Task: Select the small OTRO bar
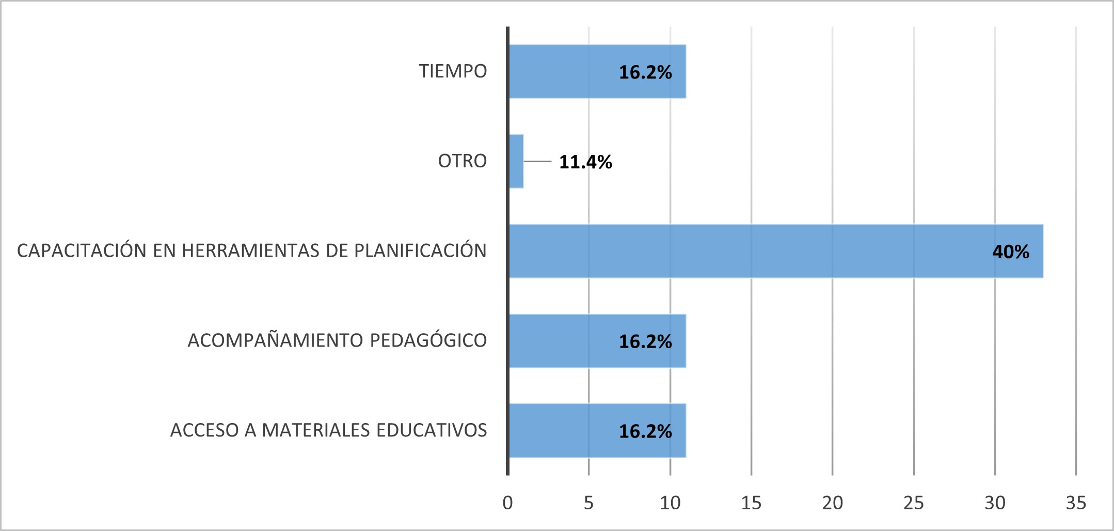pyautogui.click(x=516, y=161)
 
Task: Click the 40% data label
pyautogui.click(x=1010, y=252)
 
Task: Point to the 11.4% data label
pyautogui.click(x=585, y=162)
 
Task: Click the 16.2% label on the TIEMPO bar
pyautogui.click(x=645, y=72)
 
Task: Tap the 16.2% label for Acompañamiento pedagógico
pyautogui.click(x=645, y=342)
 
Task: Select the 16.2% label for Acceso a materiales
pyautogui.click(x=645, y=432)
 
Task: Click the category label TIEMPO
pyautogui.click(x=453, y=71)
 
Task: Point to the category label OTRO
pyautogui.click(x=462, y=161)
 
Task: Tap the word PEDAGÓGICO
pyautogui.click(x=428, y=340)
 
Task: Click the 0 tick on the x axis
pyautogui.click(x=507, y=503)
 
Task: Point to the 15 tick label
pyautogui.click(x=751, y=503)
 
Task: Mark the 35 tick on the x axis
pyautogui.click(x=1076, y=503)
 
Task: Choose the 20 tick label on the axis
pyautogui.click(x=832, y=503)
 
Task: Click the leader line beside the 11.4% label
pyautogui.click(x=537, y=162)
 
